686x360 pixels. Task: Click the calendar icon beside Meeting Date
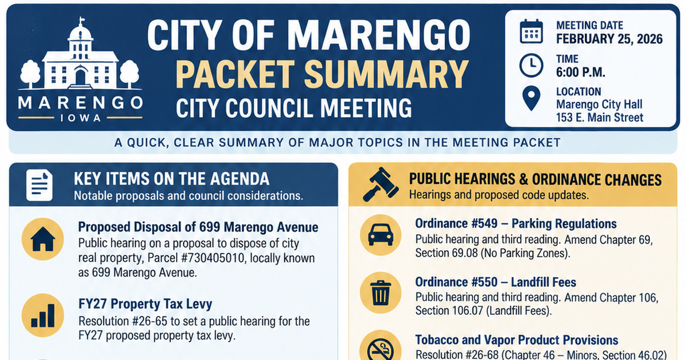531,31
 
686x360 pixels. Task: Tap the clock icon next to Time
531,65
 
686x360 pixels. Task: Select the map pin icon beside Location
531,98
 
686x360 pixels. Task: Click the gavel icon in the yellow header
381,184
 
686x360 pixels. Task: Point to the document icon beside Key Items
39,185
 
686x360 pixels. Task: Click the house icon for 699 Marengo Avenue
43,239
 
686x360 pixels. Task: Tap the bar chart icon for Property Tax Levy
43,315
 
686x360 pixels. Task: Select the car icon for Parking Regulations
380,235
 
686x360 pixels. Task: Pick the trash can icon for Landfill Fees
380,293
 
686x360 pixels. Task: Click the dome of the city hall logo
81,33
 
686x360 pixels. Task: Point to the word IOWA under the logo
81,118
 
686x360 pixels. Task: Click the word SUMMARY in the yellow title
386,74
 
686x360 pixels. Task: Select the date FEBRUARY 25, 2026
609,39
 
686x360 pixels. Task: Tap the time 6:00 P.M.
581,72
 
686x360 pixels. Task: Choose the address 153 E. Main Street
600,118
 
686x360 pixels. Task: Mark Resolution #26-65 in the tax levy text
123,321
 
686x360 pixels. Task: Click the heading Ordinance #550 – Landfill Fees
496,282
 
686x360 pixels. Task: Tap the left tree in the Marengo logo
30,74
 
